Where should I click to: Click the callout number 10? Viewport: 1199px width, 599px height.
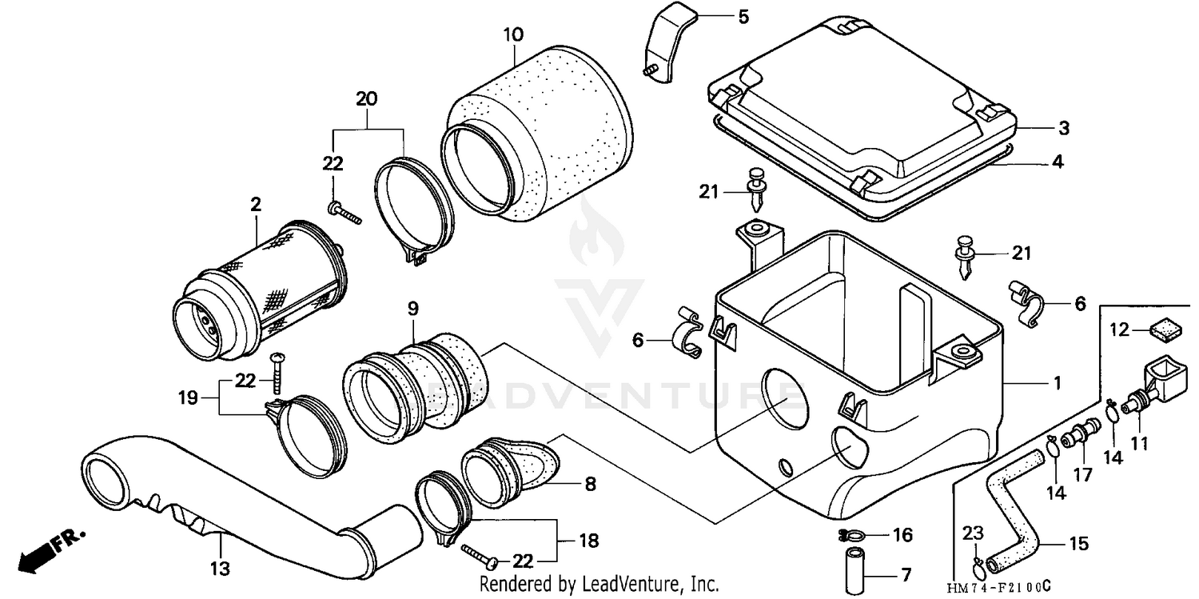coord(513,34)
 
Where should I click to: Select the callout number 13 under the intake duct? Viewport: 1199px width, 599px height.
coord(220,569)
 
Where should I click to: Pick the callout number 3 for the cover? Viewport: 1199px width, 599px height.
coord(1063,128)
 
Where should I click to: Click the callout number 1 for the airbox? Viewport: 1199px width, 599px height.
coord(1057,384)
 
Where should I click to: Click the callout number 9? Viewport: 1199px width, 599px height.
coord(412,308)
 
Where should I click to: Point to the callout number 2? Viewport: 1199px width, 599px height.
coord(256,204)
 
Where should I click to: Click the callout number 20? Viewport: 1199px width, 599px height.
coord(366,99)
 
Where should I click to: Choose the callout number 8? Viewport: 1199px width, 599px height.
coord(590,484)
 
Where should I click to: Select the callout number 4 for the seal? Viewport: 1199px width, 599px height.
coord(1058,162)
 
